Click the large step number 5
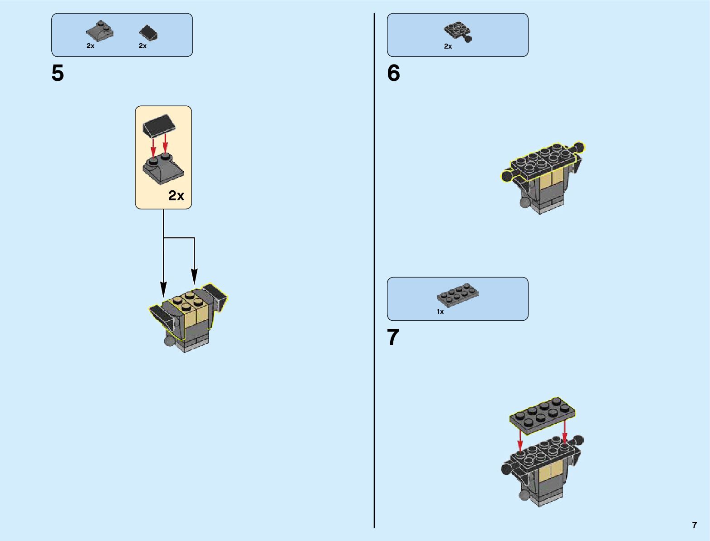(58, 73)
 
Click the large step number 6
(393, 73)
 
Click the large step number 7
(393, 338)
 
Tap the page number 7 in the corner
(694, 525)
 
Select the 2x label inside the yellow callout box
(176, 195)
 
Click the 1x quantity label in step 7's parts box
(440, 312)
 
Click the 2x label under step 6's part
(448, 46)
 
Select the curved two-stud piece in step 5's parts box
(99, 30)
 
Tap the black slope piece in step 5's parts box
(149, 32)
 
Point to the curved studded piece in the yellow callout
(163, 169)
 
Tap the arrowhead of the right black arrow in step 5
(194, 277)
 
